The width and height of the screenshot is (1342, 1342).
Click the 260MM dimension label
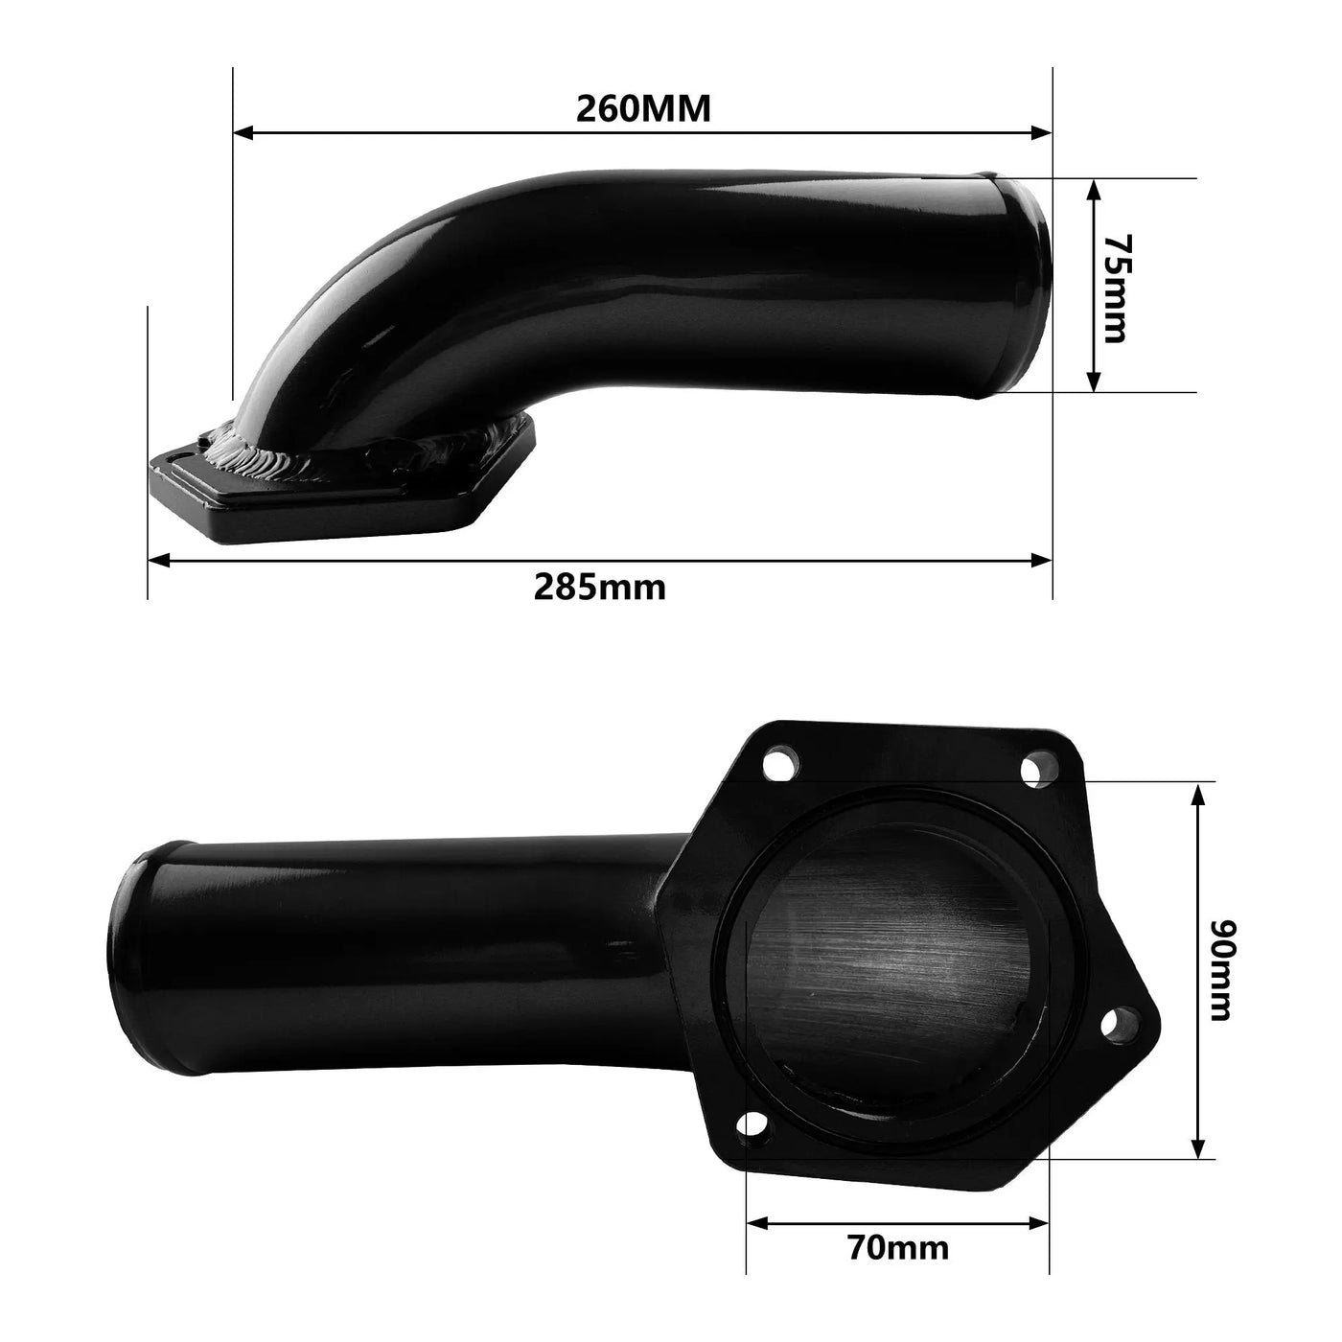tap(643, 108)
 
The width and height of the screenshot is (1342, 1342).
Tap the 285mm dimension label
tap(599, 586)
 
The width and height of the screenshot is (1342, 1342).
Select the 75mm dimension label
tap(1116, 287)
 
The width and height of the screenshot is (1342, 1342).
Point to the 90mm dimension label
tap(1222, 970)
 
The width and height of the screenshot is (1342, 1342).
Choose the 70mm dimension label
tap(898, 1247)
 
